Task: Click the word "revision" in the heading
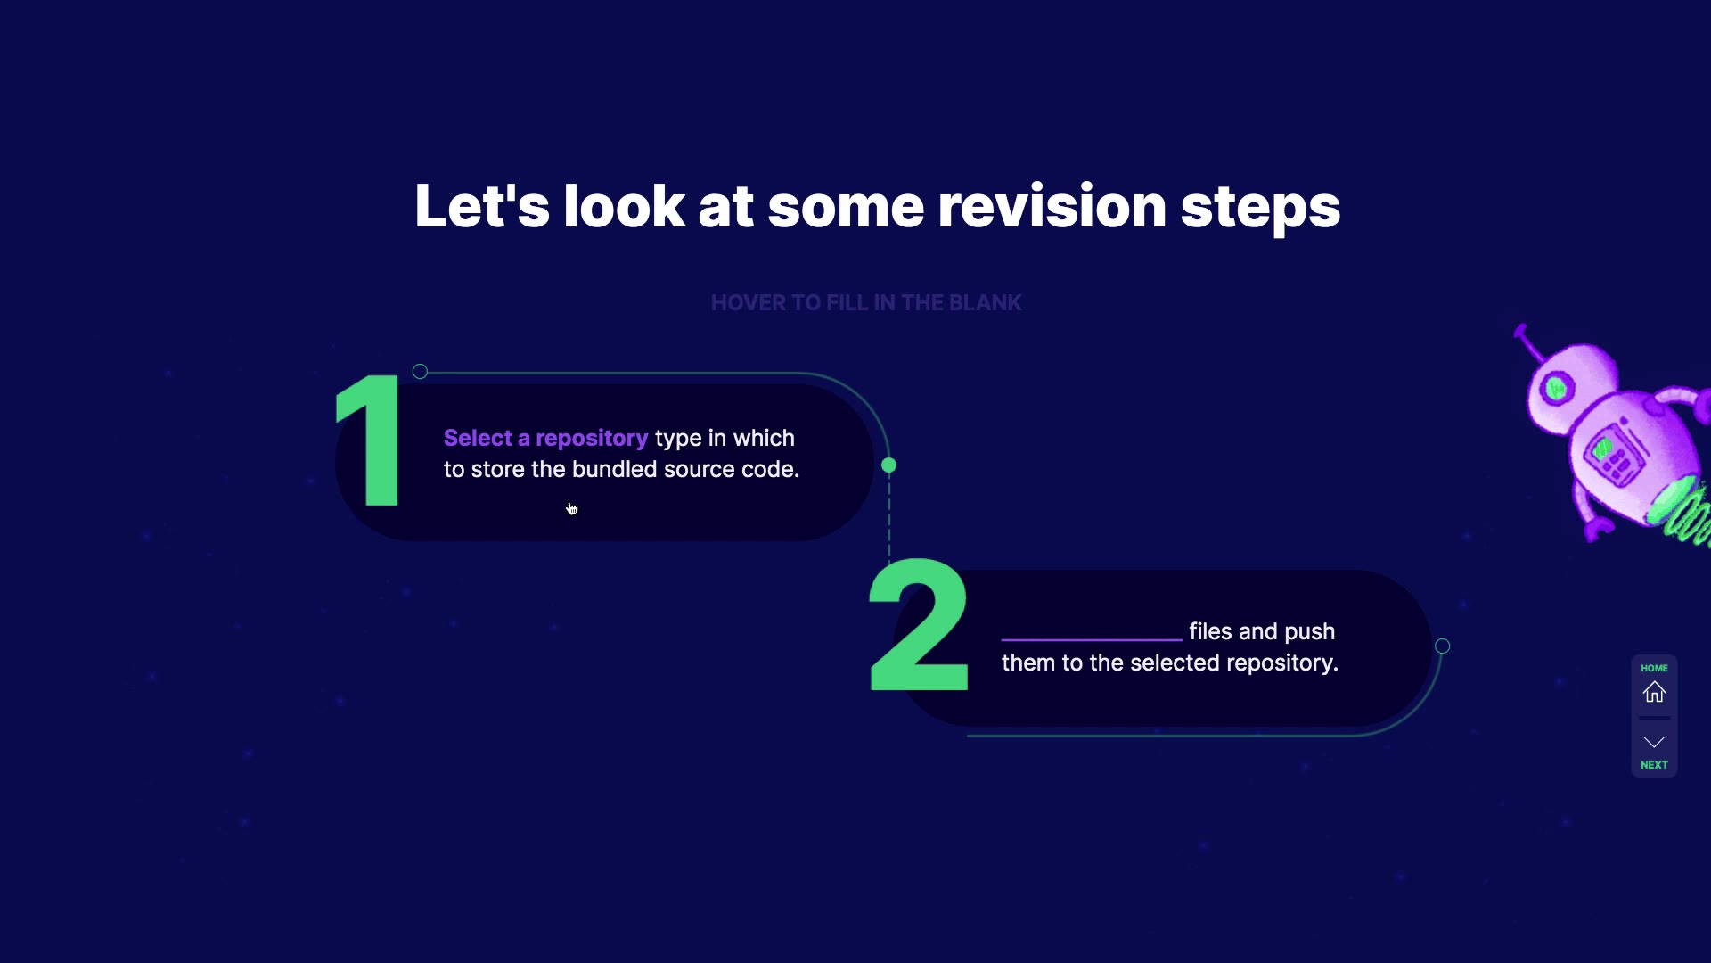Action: point(1052,206)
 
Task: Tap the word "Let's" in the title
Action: point(482,206)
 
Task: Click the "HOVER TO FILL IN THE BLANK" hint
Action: point(866,303)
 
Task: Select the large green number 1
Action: point(369,440)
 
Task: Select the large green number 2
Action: point(919,625)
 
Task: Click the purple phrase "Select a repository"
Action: point(545,439)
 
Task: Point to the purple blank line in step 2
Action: point(1092,639)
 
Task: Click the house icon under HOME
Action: point(1654,692)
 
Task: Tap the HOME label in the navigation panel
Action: point(1654,668)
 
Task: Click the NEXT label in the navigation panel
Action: point(1654,765)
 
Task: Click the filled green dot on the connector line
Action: point(888,465)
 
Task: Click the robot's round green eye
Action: point(1556,388)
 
